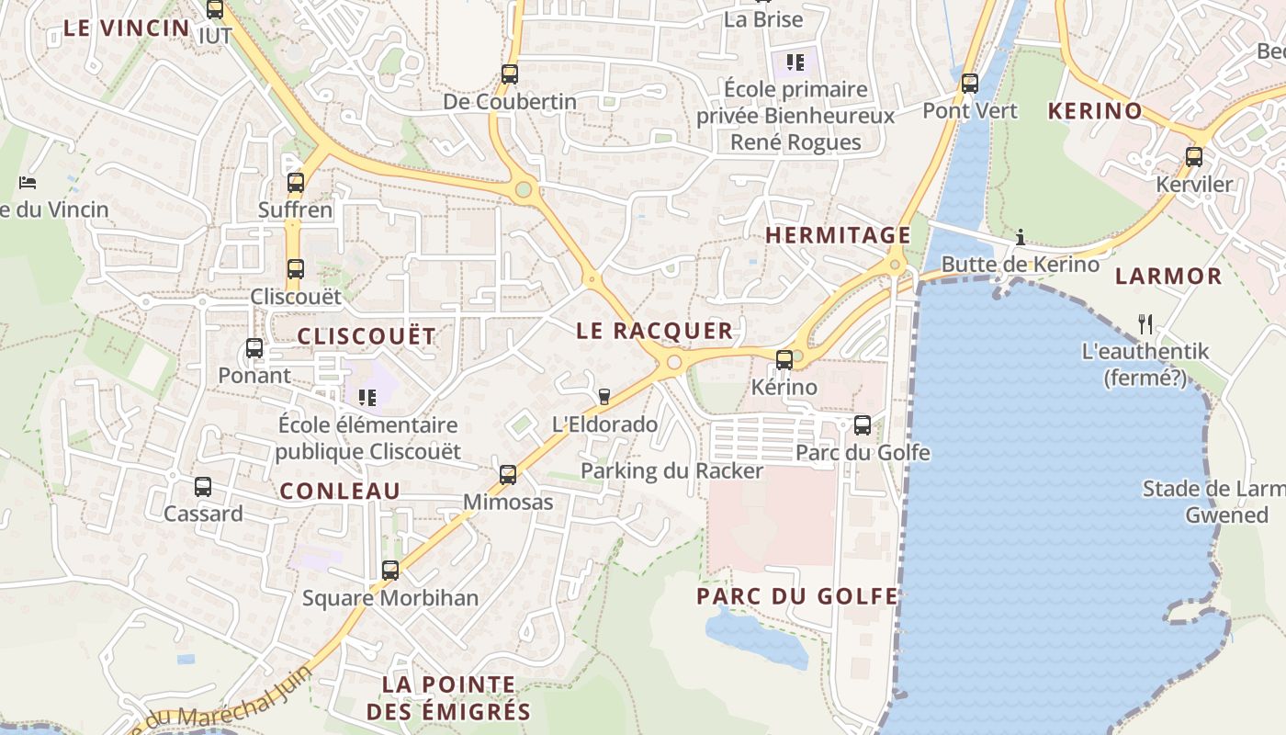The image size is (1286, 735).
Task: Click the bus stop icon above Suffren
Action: tap(295, 182)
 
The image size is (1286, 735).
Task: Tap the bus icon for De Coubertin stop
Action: tap(510, 74)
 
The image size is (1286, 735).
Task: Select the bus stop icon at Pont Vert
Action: tap(970, 84)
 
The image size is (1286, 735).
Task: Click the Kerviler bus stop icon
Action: tap(1194, 156)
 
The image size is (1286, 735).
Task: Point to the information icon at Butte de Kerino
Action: tap(1020, 238)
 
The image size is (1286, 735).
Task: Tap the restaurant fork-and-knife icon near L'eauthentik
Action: tap(1145, 323)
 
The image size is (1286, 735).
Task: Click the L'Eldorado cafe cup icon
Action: tap(604, 396)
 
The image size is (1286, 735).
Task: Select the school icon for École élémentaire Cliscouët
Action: tap(367, 397)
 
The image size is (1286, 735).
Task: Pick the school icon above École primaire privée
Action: tap(795, 62)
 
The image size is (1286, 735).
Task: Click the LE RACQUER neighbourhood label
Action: tap(655, 331)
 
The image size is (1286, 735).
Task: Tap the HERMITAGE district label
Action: tap(838, 235)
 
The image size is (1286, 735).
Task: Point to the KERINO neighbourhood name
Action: tap(1095, 111)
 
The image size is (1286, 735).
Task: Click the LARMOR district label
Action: tap(1168, 276)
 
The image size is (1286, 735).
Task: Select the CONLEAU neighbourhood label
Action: tap(340, 491)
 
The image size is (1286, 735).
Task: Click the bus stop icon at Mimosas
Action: tap(508, 474)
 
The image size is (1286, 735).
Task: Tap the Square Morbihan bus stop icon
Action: tap(390, 570)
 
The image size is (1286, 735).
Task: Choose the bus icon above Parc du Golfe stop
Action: tap(863, 424)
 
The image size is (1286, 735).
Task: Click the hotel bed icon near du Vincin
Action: tap(28, 182)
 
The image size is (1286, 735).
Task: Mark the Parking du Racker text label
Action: tap(671, 471)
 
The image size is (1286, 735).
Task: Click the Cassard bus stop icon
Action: tap(203, 486)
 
